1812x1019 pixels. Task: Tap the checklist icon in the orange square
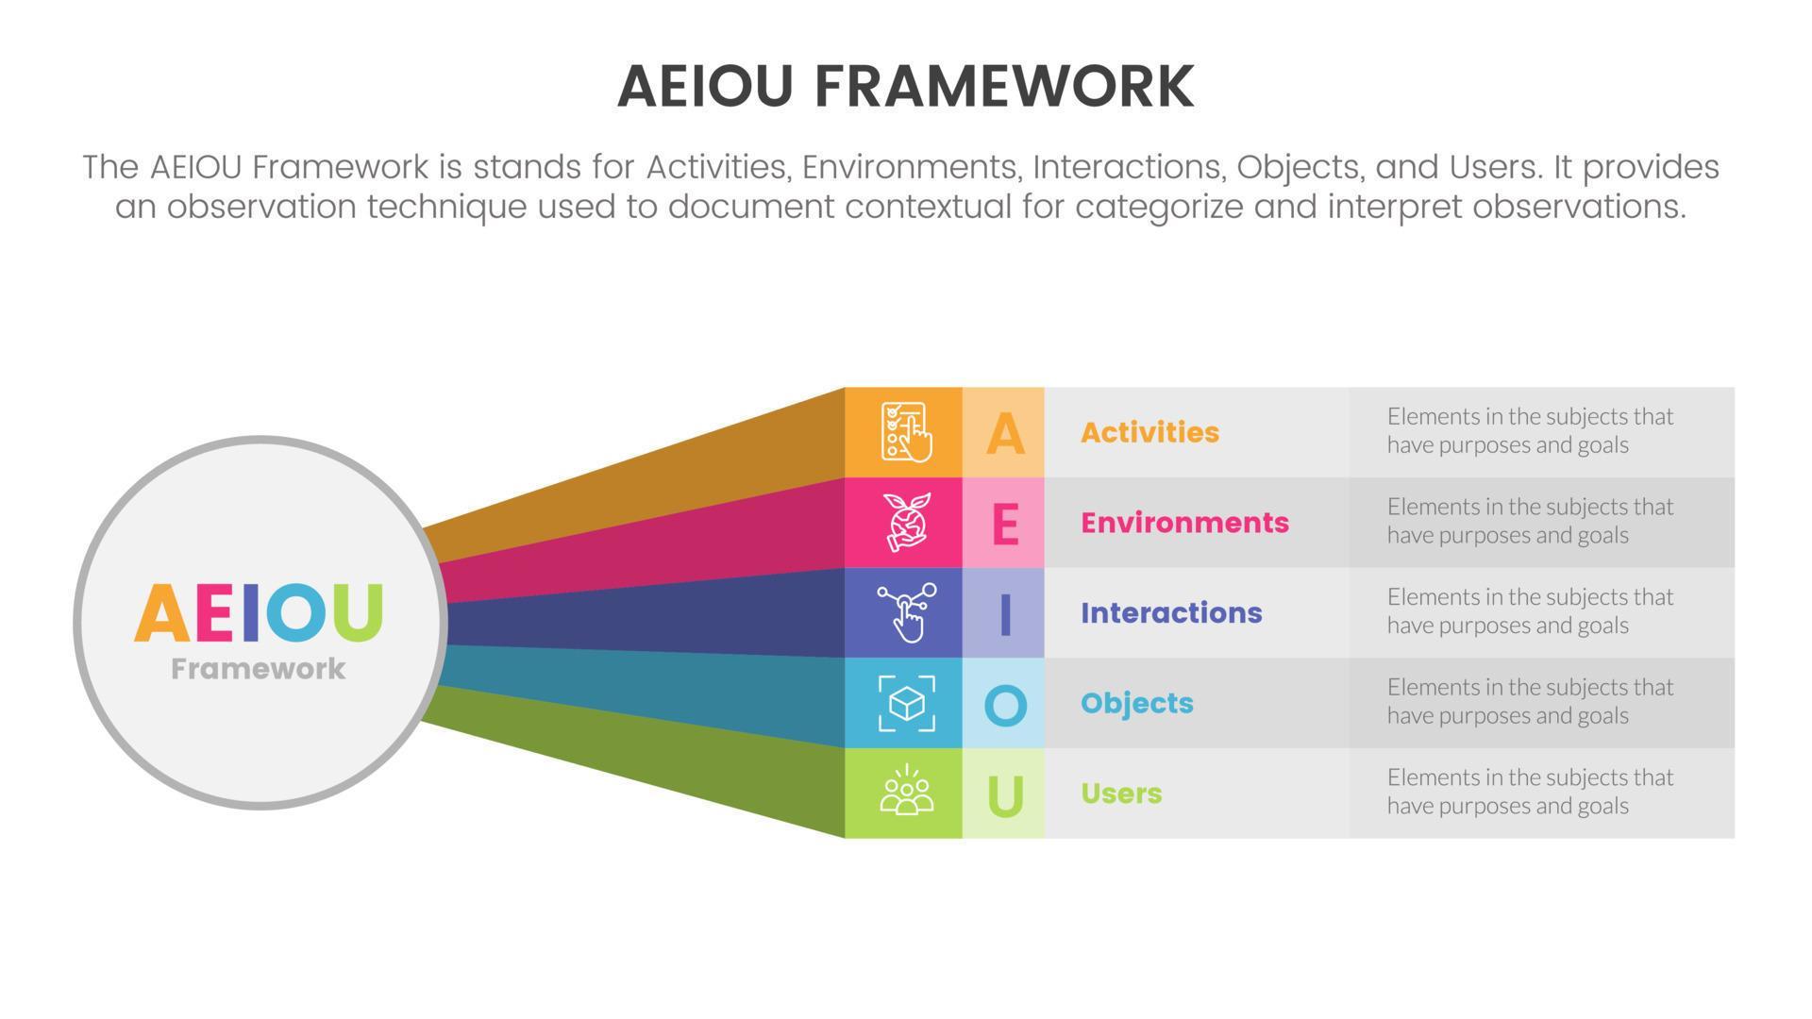(x=904, y=432)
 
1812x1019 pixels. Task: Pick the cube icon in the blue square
(x=906, y=703)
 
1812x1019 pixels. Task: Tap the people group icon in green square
(x=906, y=793)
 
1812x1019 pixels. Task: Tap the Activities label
(x=1149, y=432)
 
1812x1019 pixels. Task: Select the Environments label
(x=1184, y=523)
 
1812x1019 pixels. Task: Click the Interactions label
(x=1171, y=613)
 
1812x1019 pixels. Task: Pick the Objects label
(x=1136, y=703)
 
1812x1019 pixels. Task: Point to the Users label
(x=1121, y=793)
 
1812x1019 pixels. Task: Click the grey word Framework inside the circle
(x=258, y=669)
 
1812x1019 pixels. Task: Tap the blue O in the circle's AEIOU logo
(x=297, y=612)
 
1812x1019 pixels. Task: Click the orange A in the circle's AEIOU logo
(x=162, y=613)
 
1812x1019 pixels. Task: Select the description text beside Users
(x=1529, y=792)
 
